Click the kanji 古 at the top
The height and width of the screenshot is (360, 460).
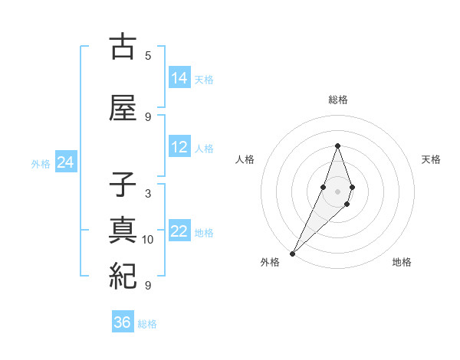(123, 47)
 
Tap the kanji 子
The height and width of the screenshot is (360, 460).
(123, 186)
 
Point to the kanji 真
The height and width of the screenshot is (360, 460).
(123, 231)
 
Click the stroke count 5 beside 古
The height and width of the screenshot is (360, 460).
(148, 56)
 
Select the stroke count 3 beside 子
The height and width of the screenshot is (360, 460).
(148, 194)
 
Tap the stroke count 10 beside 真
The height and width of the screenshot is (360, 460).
(148, 240)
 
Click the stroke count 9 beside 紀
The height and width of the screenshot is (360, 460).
(148, 285)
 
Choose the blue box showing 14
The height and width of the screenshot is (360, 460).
(179, 78)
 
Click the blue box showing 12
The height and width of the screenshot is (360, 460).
(179, 147)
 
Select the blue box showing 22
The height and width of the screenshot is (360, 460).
(179, 231)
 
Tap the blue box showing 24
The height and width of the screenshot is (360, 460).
(65, 162)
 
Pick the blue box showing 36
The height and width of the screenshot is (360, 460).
(123, 322)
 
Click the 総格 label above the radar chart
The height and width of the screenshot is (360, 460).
(338, 100)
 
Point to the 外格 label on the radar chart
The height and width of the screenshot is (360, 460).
(270, 262)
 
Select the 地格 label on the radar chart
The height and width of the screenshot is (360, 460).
(402, 262)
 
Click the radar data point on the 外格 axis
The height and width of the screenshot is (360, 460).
(292, 253)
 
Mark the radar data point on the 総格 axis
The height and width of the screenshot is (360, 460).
(337, 146)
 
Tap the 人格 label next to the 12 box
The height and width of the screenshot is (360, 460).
(204, 148)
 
